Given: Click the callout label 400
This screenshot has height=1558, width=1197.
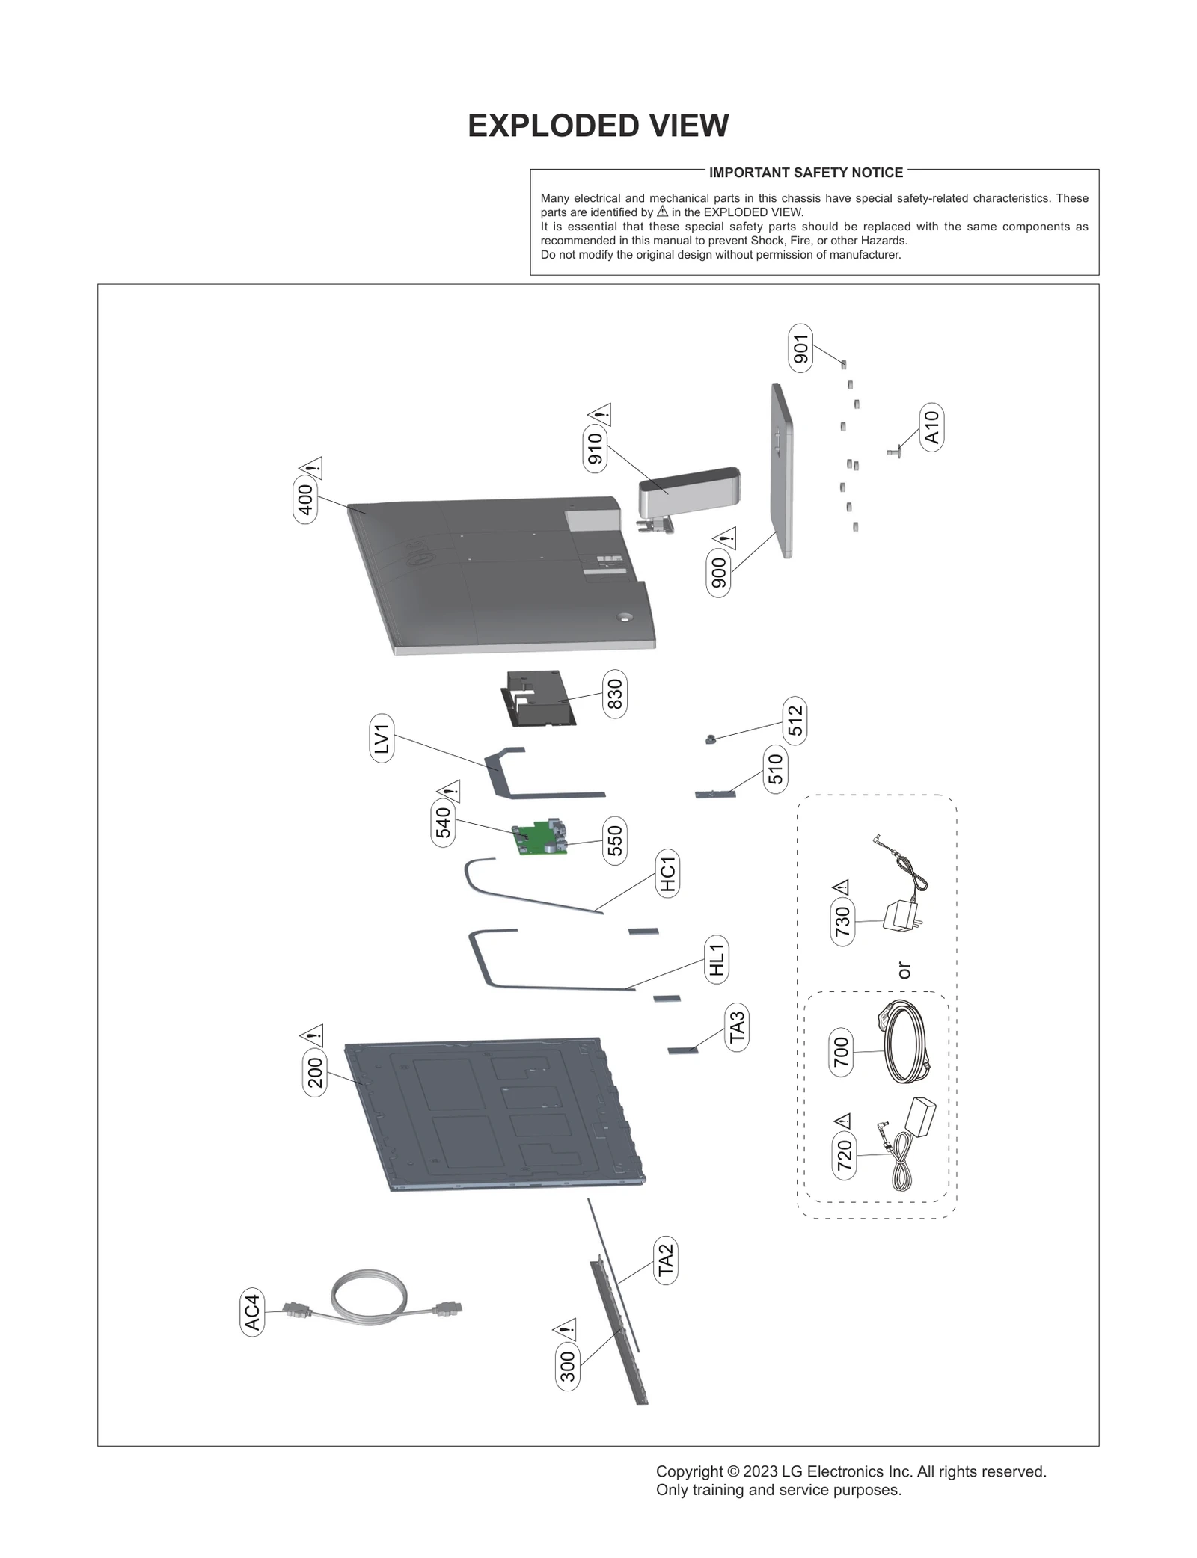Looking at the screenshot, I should [x=305, y=500].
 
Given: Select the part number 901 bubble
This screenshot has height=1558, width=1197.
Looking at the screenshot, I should [x=800, y=348].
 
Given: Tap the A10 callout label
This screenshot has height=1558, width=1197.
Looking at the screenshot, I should [x=931, y=428].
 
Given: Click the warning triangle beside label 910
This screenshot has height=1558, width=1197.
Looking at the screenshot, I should [x=600, y=413].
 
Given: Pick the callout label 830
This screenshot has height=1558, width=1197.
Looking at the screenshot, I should [x=614, y=694].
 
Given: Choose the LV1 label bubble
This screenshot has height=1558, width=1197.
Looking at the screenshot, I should [x=382, y=739].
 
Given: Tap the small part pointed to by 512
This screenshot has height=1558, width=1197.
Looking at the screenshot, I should [x=710, y=739].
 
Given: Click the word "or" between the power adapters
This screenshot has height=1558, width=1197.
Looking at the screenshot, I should [x=904, y=970].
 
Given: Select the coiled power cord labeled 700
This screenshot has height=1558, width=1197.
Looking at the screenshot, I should [x=904, y=1043].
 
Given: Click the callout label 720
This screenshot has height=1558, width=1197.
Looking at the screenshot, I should [x=844, y=1155].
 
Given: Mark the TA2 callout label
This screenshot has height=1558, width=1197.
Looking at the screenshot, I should [x=665, y=1260].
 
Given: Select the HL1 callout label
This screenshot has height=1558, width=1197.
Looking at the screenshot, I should [x=717, y=959].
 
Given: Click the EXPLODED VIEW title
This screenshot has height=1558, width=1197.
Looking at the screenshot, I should [x=598, y=126].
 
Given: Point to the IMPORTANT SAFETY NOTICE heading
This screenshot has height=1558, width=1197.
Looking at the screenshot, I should [x=806, y=173].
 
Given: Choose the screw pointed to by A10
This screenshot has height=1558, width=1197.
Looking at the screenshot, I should [x=893, y=451].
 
